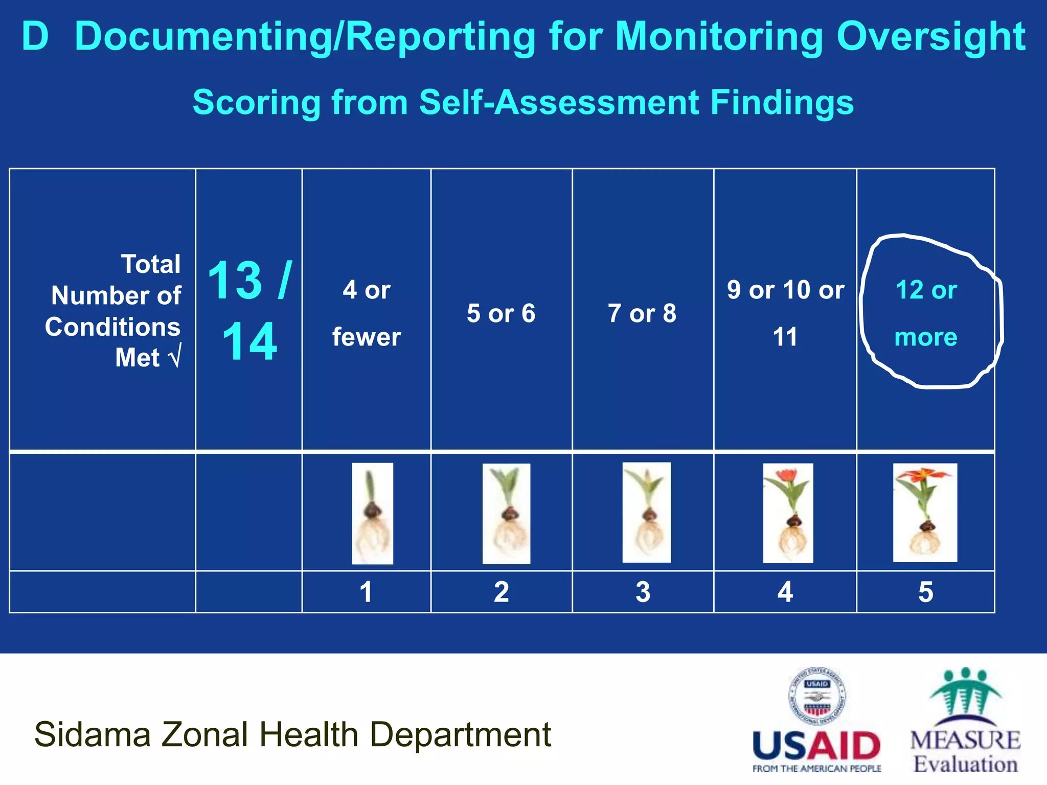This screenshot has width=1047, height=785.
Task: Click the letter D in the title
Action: click(35, 37)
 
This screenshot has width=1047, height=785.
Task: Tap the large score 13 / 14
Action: click(249, 311)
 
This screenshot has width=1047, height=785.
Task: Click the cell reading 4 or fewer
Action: click(367, 313)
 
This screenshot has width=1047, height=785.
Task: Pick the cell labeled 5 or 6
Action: click(501, 313)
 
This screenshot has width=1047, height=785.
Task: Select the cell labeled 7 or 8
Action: click(642, 313)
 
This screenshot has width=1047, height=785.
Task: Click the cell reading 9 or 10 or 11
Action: click(785, 313)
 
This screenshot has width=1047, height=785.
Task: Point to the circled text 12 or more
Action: click(926, 313)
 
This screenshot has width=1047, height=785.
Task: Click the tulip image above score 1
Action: click(373, 513)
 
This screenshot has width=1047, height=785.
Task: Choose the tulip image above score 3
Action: click(646, 512)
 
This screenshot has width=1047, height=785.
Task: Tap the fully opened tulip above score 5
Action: click(925, 512)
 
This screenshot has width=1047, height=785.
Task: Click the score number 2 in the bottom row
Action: click(502, 592)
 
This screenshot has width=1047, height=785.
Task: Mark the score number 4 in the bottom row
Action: click(785, 592)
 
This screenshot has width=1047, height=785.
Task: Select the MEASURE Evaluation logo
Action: click(965, 721)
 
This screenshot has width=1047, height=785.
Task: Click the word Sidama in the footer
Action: click(92, 734)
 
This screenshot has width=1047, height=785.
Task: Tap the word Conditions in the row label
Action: click(112, 327)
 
